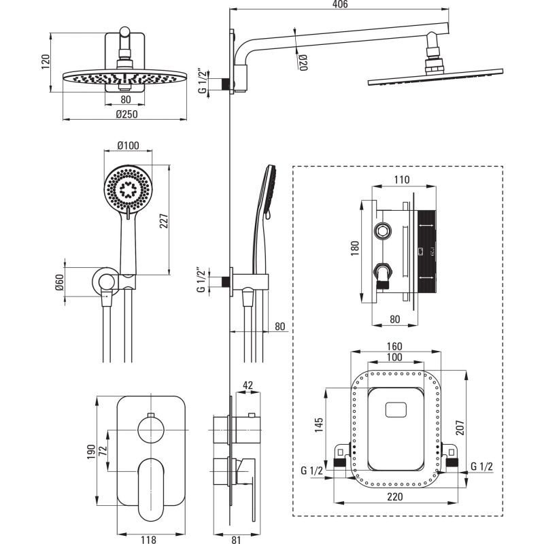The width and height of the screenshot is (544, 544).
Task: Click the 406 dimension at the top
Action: tap(341, 5)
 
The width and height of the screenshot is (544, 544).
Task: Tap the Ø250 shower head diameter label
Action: tap(126, 114)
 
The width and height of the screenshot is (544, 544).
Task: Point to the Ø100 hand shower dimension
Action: tap(128, 146)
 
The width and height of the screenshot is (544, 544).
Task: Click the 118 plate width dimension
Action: tap(148, 539)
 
